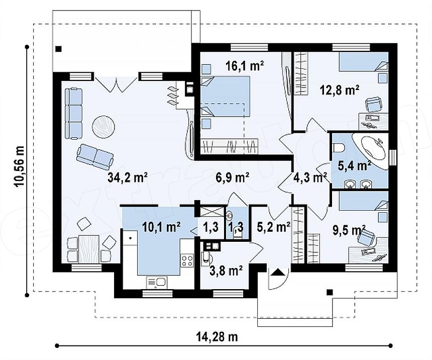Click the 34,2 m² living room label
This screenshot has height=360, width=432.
click(x=128, y=177)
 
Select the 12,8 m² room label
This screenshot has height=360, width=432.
click(x=340, y=90)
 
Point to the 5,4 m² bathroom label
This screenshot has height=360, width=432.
click(x=354, y=166)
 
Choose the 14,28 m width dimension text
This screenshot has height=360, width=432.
click(x=217, y=337)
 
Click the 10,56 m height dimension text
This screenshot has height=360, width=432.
click(x=20, y=166)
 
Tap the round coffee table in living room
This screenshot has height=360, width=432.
click(x=103, y=126)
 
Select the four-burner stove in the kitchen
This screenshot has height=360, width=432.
click(x=187, y=260)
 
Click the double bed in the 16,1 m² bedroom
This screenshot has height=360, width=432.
click(x=226, y=96)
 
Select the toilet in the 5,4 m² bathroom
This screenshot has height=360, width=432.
click(x=339, y=148)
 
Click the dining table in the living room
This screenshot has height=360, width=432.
click(x=89, y=249)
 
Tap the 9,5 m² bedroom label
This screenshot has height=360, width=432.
click(x=349, y=231)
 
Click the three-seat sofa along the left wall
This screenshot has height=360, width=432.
click(x=73, y=113)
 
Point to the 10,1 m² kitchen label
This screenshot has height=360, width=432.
click(x=161, y=227)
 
